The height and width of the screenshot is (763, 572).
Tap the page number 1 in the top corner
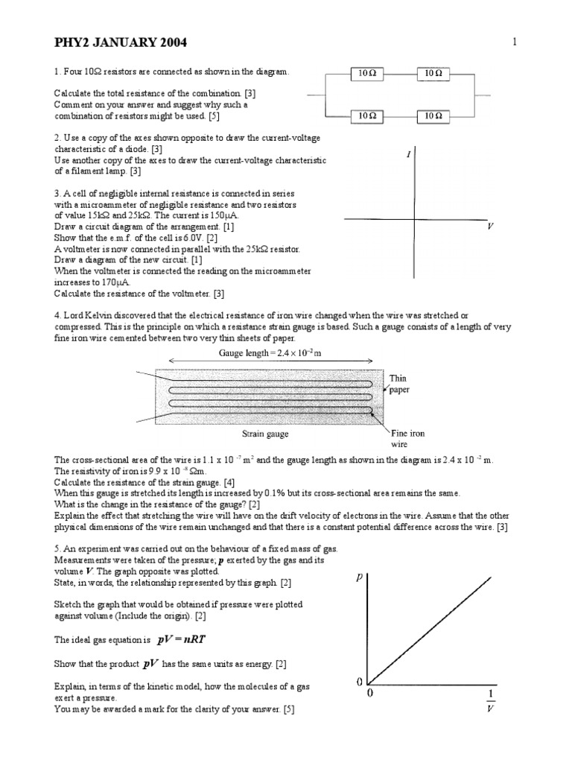[x=514, y=42]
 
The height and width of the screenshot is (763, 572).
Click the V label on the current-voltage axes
[x=490, y=225]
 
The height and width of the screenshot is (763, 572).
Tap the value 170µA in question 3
[x=98, y=284]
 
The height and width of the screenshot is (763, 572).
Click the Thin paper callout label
[x=398, y=384]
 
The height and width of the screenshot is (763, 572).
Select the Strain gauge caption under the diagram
[x=266, y=433]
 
